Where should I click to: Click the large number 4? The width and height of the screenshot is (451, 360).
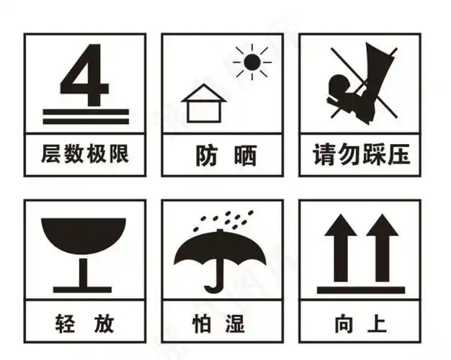click(x=84, y=74)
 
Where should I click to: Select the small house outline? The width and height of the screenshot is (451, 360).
click(x=204, y=104)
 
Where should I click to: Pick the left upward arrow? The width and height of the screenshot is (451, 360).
click(x=338, y=245)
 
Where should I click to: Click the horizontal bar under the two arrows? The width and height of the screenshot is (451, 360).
click(x=360, y=289)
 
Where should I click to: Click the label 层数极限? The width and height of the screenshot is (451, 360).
click(x=84, y=153)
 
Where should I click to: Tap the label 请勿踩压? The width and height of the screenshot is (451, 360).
click(x=360, y=153)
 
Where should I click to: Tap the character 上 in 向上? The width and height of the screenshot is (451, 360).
click(x=377, y=323)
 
